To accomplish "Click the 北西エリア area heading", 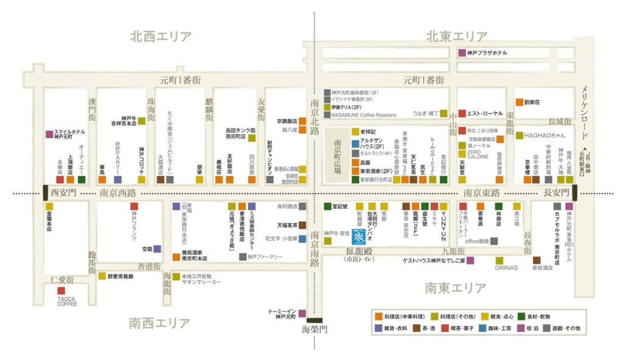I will pyautogui.click(x=161, y=36).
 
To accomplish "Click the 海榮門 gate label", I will pyautogui.click(x=315, y=329).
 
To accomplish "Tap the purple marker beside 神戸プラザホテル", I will pyautogui.click(x=462, y=53).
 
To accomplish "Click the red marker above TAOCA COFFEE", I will pyautogui.click(x=61, y=291).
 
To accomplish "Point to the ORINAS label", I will pyautogui.click(x=507, y=267).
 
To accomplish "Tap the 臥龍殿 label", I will pyautogui.click(x=363, y=250).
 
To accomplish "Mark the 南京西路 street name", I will pyautogui.click(x=118, y=193).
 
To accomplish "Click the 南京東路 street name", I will pyautogui.click(x=482, y=193).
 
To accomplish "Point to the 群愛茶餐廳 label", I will pyautogui.click(x=125, y=275).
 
